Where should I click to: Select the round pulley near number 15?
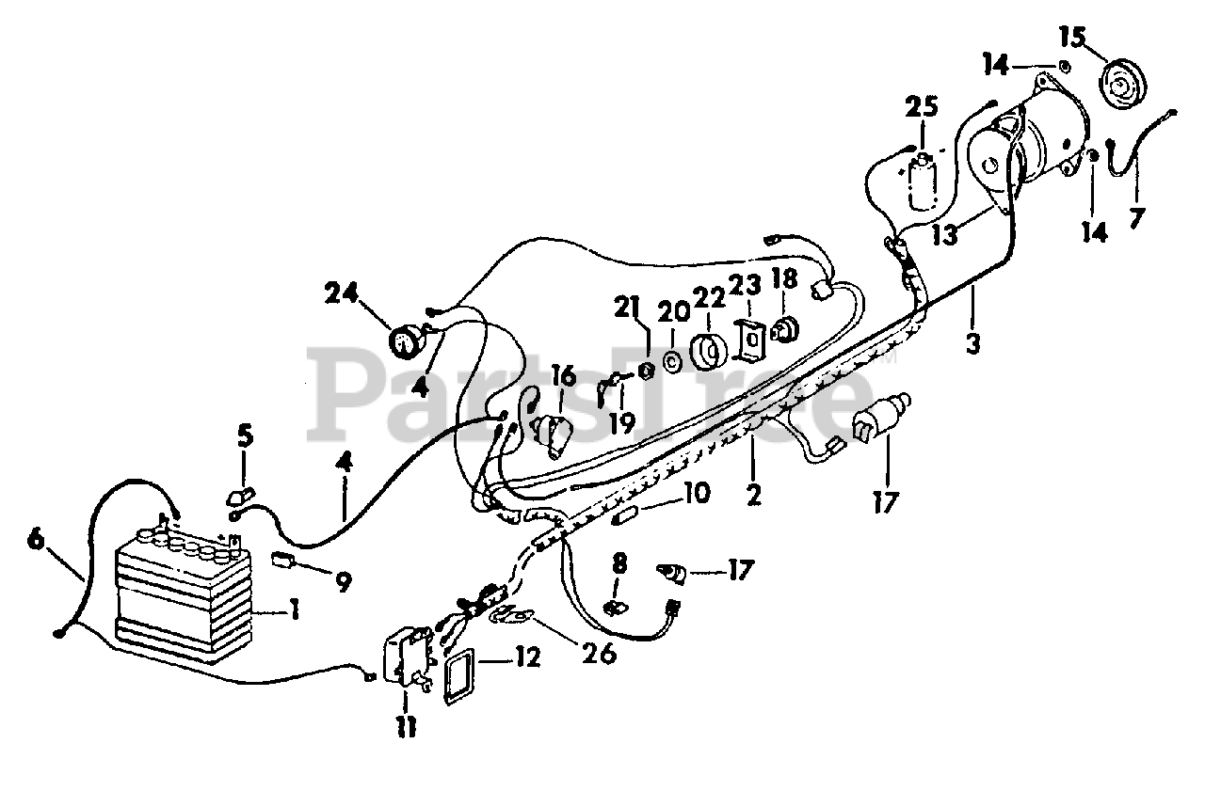pyautogui.click(x=1121, y=86)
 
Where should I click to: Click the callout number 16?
pyautogui.click(x=563, y=378)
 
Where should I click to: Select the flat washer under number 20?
pyautogui.click(x=673, y=361)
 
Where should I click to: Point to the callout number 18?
pyautogui.click(x=784, y=279)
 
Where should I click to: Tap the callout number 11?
pyautogui.click(x=406, y=725)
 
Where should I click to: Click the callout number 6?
pyautogui.click(x=36, y=539)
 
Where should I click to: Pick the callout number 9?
pyautogui.click(x=342, y=583)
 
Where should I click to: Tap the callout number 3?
pyautogui.click(x=972, y=344)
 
